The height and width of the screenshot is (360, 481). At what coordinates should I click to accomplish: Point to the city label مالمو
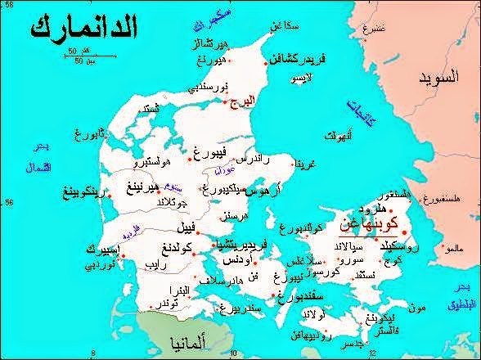point(463,242)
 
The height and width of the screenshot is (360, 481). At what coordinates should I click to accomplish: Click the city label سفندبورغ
point(264,294)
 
